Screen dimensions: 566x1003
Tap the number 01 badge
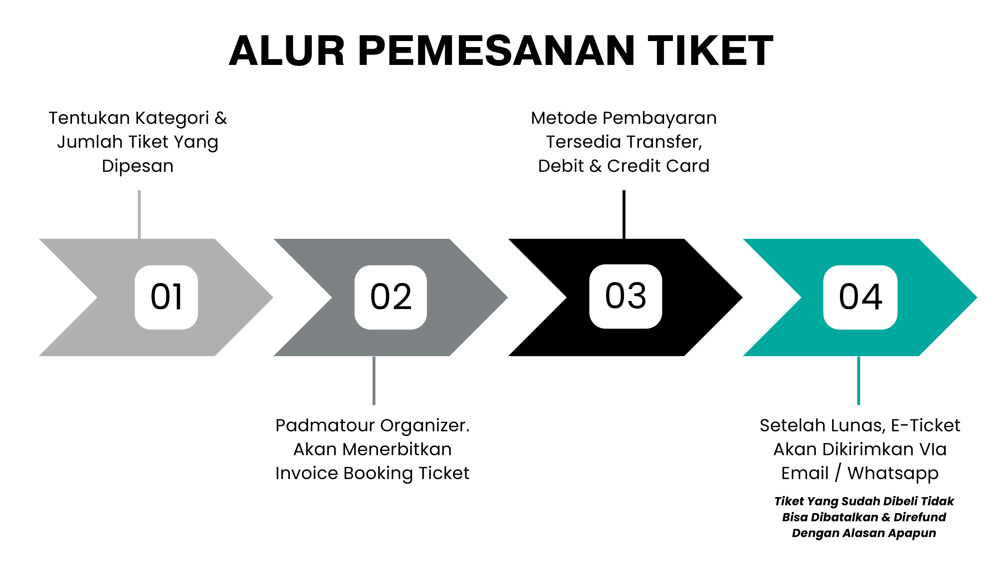click(x=166, y=297)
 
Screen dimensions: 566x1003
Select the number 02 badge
click(x=391, y=297)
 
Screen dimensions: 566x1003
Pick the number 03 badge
click(x=625, y=296)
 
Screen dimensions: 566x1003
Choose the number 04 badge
click(x=860, y=297)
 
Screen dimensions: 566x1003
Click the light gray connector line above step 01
click(x=139, y=214)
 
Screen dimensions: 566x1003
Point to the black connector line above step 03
click(x=624, y=214)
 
